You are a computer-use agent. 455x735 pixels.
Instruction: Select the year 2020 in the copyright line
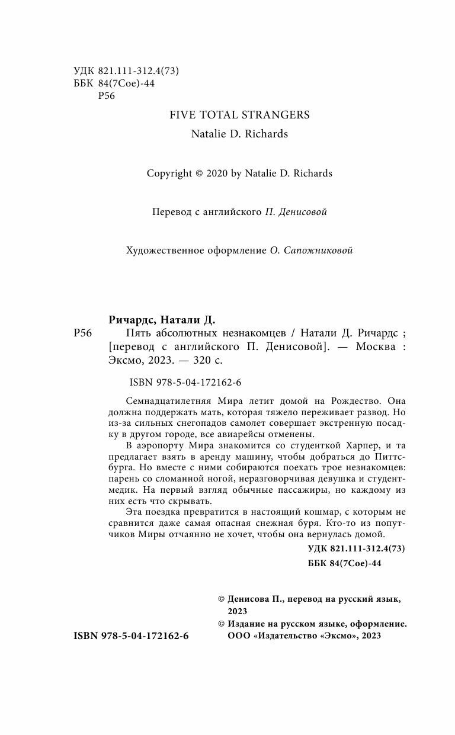(216, 174)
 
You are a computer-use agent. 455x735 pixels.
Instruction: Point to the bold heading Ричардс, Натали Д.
(161, 320)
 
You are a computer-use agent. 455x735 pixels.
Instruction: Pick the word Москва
(375, 346)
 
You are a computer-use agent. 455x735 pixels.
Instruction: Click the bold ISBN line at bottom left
(131, 635)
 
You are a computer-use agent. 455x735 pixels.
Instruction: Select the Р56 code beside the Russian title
(82, 333)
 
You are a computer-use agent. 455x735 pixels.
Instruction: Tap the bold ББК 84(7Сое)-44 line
(345, 563)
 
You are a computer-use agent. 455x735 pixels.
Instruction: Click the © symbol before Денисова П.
(222, 599)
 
